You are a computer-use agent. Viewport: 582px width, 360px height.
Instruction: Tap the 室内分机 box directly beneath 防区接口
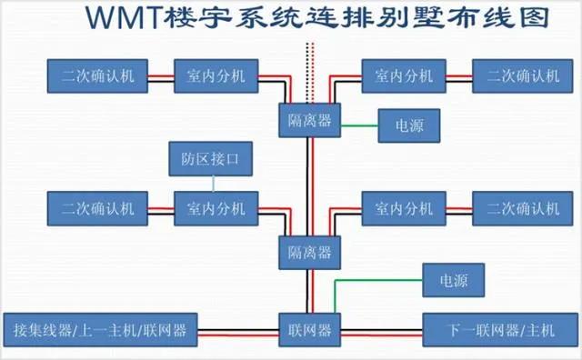click(216, 208)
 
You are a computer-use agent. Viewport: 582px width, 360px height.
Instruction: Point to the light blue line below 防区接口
click(214, 184)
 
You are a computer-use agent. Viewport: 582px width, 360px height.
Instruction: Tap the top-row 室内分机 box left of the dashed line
click(216, 76)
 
